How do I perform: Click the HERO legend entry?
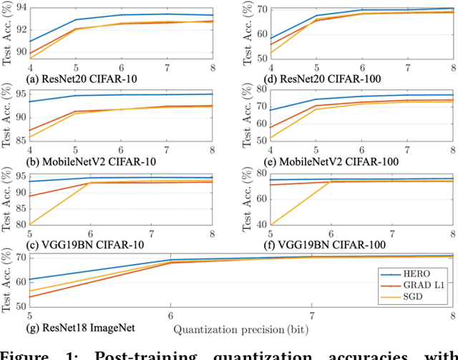(x=413, y=273)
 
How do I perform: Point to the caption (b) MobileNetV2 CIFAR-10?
(x=80, y=161)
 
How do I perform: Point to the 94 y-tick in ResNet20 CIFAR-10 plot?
(x=20, y=6)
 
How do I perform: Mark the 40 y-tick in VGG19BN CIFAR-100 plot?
(x=262, y=225)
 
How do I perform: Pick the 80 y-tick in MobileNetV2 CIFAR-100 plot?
(x=262, y=89)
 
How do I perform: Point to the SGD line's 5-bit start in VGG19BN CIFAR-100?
(x=271, y=225)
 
